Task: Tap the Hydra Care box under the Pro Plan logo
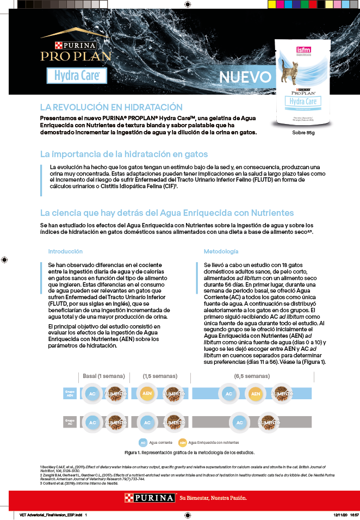tap(76, 75)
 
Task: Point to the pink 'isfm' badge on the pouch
tap(303, 51)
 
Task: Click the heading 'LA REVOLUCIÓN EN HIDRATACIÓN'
tap(111, 107)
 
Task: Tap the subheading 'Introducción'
tap(65, 251)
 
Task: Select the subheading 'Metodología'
tap(221, 251)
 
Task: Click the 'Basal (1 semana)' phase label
tap(104, 376)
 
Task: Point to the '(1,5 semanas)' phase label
tap(160, 376)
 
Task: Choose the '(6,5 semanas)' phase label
tap(252, 376)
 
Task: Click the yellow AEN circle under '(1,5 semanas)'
tap(147, 393)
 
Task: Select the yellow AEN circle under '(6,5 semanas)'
tap(256, 393)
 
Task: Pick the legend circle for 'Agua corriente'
tap(142, 442)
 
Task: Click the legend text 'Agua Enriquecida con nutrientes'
tap(214, 443)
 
